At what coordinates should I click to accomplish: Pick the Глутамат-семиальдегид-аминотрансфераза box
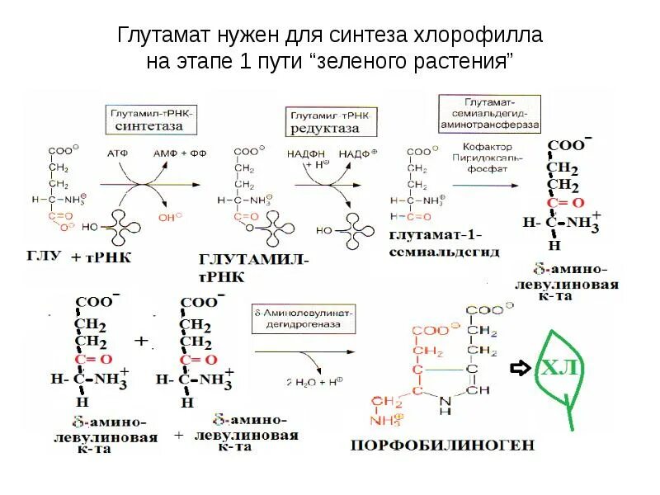click(489, 111)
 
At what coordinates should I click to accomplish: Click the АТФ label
click(118, 153)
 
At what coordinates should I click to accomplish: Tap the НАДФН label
click(303, 153)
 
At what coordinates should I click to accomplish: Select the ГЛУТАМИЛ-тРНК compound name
click(252, 267)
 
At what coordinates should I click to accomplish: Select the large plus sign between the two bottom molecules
click(141, 341)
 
